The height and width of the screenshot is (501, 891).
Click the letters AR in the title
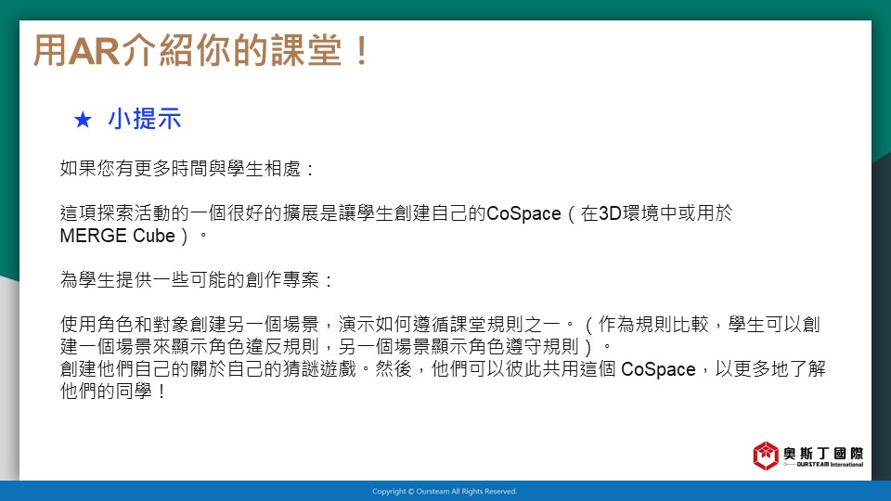pyautogui.click(x=94, y=50)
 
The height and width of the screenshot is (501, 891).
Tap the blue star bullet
pyautogui.click(x=83, y=120)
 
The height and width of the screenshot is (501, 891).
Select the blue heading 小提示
pyautogui.click(x=145, y=120)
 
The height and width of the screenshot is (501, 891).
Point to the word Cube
pyautogui.click(x=154, y=236)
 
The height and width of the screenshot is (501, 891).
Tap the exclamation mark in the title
pyautogui.click(x=361, y=50)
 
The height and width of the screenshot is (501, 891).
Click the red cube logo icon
pyautogui.click(x=766, y=456)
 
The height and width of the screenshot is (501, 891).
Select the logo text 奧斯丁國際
pyautogui.click(x=823, y=453)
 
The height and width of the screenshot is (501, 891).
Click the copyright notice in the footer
pyautogui.click(x=445, y=492)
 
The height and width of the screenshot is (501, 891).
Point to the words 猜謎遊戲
pyautogui.click(x=319, y=369)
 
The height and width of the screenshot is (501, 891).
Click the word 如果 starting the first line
pyautogui.click(x=78, y=169)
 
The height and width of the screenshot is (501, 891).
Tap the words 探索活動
pyautogui.click(x=134, y=213)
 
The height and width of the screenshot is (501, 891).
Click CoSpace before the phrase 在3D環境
pyautogui.click(x=523, y=213)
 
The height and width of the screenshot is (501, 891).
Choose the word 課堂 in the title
pyautogui.click(x=307, y=50)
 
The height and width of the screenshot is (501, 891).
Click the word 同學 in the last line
pyautogui.click(x=134, y=392)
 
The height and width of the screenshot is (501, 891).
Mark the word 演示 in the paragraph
pyautogui.click(x=356, y=325)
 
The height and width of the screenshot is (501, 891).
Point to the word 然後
pyautogui.click(x=394, y=369)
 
